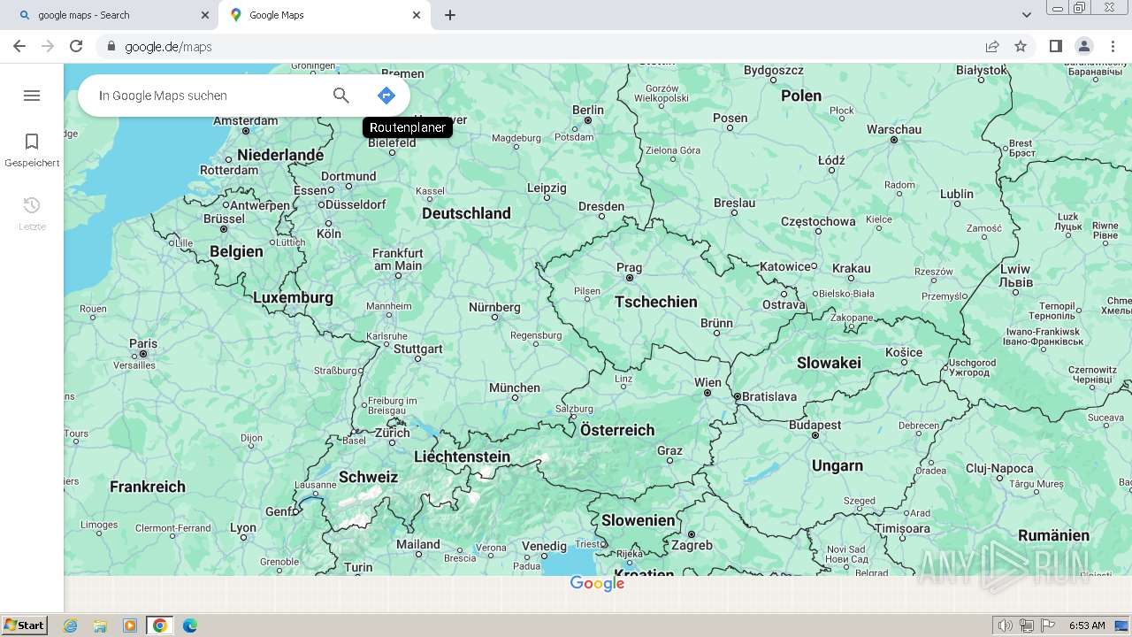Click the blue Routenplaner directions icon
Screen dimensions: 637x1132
(x=386, y=96)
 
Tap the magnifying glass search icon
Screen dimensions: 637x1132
(x=341, y=96)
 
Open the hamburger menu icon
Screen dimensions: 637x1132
(x=32, y=96)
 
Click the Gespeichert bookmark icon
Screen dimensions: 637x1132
(x=32, y=142)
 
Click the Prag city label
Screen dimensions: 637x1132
(x=629, y=267)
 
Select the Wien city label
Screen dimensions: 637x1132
(x=707, y=383)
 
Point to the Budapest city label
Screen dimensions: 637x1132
(x=815, y=425)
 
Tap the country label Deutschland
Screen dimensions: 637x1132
(x=466, y=213)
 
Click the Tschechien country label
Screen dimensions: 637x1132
(x=655, y=302)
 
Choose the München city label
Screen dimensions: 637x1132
(x=514, y=388)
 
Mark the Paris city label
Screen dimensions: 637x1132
(x=143, y=343)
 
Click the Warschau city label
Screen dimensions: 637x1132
(x=894, y=129)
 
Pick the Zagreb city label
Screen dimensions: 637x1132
(x=692, y=545)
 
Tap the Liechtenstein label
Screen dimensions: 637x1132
(x=462, y=457)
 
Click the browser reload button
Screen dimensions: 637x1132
(x=76, y=46)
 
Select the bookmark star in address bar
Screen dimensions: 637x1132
(x=1021, y=46)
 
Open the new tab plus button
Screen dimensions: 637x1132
(x=450, y=15)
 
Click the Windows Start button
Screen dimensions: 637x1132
(x=24, y=625)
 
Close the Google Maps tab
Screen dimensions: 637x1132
(x=417, y=15)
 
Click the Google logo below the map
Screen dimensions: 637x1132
(x=597, y=584)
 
